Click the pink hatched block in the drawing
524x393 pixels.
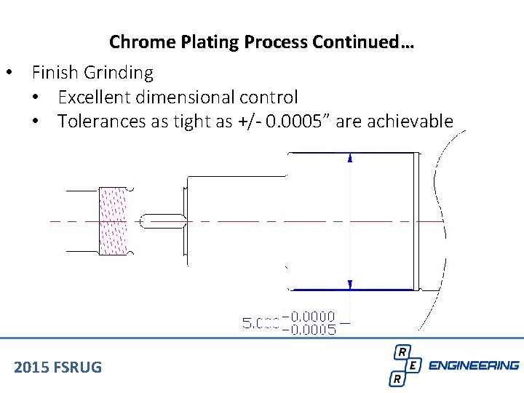(114, 221)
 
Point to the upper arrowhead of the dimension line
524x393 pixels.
(351, 157)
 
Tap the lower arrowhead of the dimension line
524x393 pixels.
(351, 285)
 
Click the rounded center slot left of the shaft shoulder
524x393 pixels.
(161, 221)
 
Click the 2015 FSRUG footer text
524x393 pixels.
(57, 367)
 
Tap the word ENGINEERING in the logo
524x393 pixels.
(474, 365)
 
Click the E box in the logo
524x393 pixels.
(413, 365)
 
